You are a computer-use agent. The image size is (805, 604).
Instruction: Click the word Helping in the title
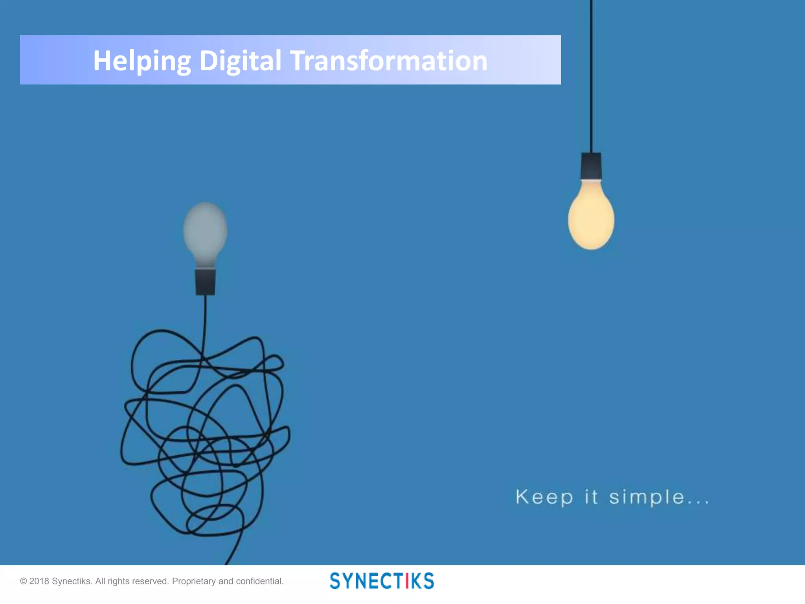pyautogui.click(x=142, y=61)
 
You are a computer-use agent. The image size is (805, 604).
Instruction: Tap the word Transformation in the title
pyautogui.click(x=389, y=61)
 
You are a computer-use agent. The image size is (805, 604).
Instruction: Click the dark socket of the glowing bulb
pyautogui.click(x=591, y=166)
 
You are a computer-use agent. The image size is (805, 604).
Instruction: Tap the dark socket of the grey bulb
pyautogui.click(x=205, y=282)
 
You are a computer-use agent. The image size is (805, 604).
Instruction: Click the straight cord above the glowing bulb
pyautogui.click(x=591, y=79)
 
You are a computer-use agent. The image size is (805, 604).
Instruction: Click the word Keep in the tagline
pyautogui.click(x=544, y=497)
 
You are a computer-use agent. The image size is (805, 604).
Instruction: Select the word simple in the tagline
pyautogui.click(x=647, y=497)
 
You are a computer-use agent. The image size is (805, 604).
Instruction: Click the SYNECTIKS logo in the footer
pyautogui.click(x=382, y=581)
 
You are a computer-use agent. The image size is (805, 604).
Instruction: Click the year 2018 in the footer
pyautogui.click(x=39, y=581)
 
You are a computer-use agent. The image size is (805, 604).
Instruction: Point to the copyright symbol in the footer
pyautogui.click(x=23, y=581)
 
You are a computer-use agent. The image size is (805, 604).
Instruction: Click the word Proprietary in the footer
pyautogui.click(x=194, y=581)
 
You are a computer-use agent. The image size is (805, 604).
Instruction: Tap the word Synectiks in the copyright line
pyautogui.click(x=72, y=581)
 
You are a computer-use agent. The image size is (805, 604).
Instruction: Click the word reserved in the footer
pyautogui.click(x=150, y=581)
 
